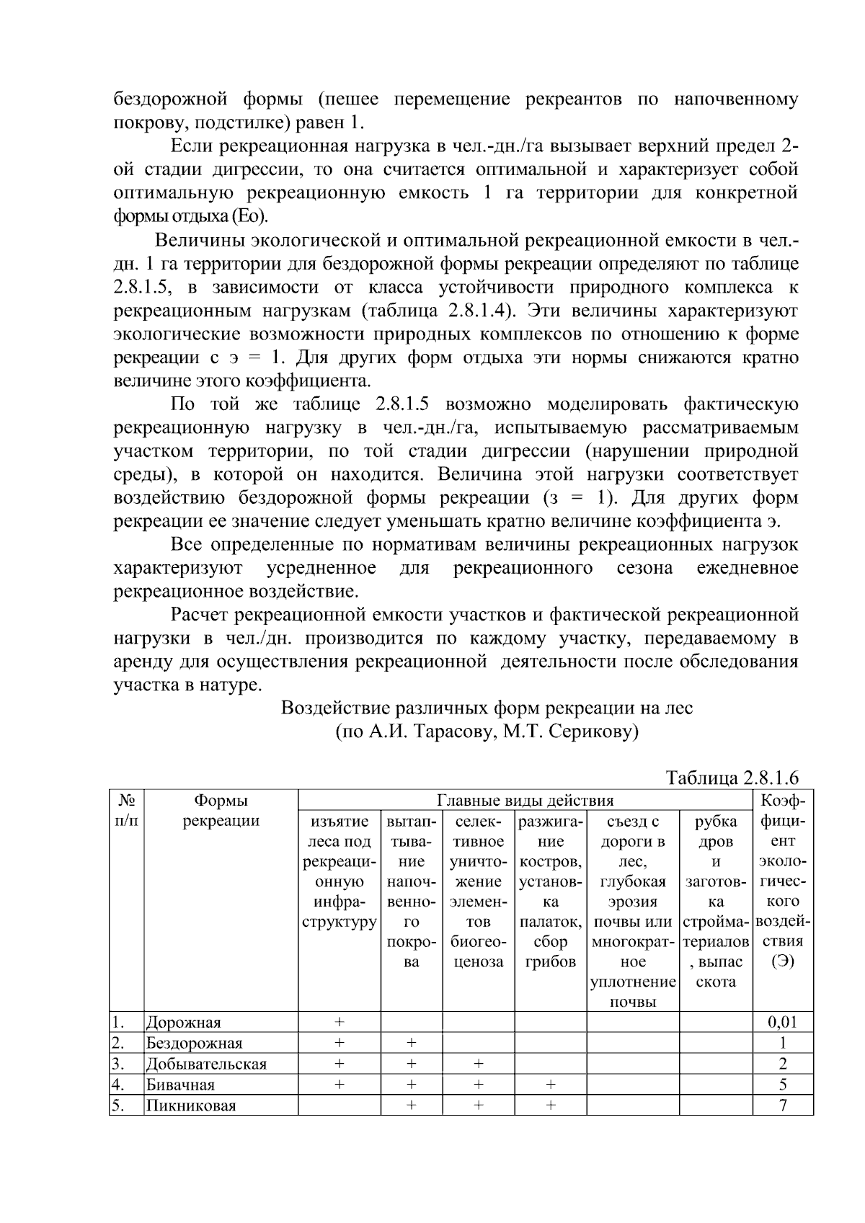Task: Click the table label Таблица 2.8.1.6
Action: [x=732, y=778]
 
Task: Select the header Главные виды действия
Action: [x=525, y=800]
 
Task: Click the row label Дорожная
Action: [x=183, y=1022]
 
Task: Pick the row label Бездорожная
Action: [x=194, y=1043]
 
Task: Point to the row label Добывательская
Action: [x=206, y=1064]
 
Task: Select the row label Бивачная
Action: [x=180, y=1085]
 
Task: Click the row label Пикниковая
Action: [x=191, y=1106]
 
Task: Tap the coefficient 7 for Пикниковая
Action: [x=783, y=1106]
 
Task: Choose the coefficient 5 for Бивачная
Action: [x=783, y=1085]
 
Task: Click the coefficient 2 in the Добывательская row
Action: [x=783, y=1064]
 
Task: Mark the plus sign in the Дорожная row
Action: [x=340, y=1022]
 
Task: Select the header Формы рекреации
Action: [x=221, y=810]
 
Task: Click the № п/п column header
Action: [x=126, y=810]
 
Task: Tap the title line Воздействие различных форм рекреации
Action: [x=487, y=708]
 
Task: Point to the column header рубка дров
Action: [x=715, y=831]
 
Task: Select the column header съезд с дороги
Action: [x=633, y=831]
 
